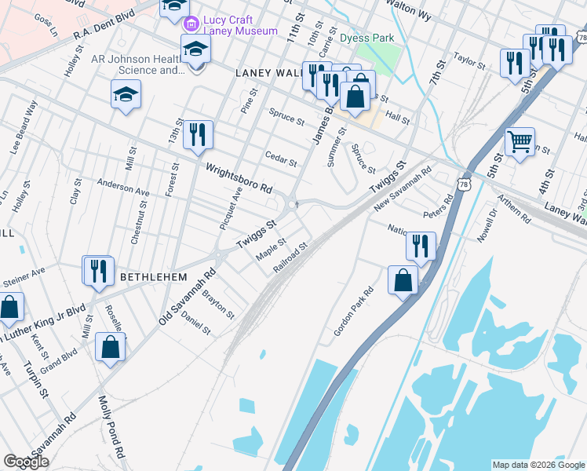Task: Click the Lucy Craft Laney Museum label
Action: [x=240, y=24]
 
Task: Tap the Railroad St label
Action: [x=290, y=259]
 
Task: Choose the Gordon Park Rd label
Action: [x=353, y=312]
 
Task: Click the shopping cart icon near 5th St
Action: [x=520, y=142]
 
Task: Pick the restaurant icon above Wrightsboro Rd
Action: [x=198, y=134]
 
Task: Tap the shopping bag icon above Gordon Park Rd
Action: [x=403, y=279]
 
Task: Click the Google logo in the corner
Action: [x=26, y=462]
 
